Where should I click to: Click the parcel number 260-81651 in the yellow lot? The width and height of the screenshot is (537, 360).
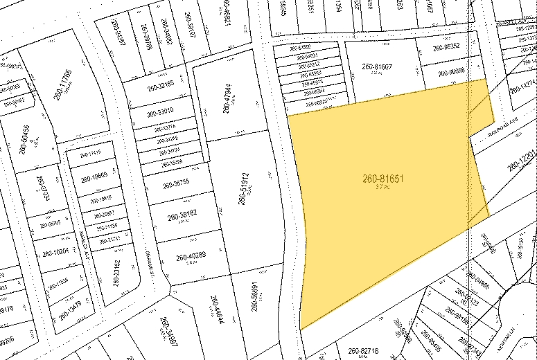(382, 179)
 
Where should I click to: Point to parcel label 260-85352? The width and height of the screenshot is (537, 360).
(446, 48)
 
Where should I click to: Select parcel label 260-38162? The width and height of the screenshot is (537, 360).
(183, 217)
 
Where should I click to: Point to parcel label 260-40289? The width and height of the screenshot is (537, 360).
(191, 258)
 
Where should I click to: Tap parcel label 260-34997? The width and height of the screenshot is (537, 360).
(168, 336)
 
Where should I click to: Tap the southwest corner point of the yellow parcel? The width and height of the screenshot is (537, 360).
(301, 330)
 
